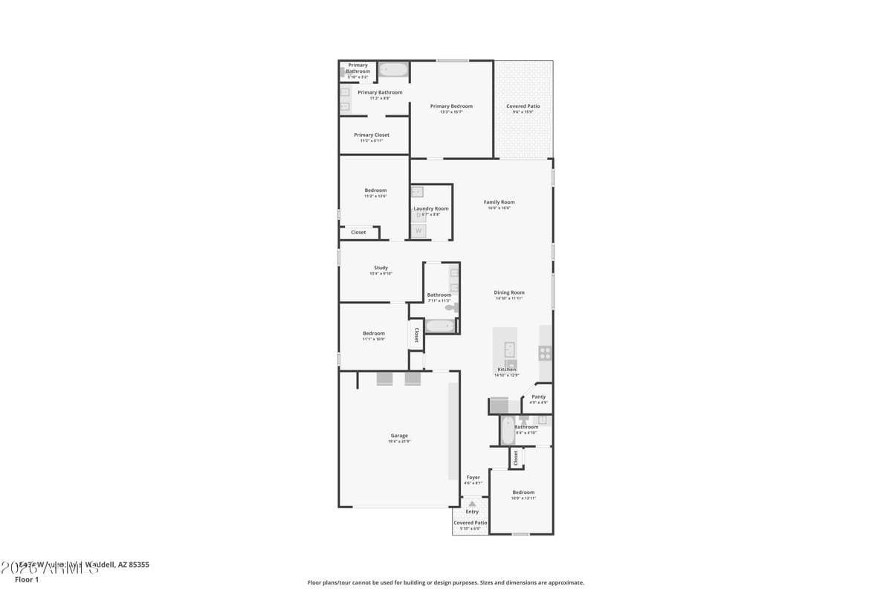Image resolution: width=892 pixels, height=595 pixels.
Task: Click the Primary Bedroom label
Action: coord(451,106)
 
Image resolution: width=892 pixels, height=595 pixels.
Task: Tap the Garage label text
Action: coord(399,436)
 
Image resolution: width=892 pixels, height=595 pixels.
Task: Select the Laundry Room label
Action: coord(431,209)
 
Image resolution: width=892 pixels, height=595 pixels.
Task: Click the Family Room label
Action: coord(499,202)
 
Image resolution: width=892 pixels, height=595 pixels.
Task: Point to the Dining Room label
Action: coord(509,293)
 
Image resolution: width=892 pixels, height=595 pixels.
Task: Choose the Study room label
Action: coord(381,268)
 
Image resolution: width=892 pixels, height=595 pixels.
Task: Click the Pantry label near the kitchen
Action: coord(539,397)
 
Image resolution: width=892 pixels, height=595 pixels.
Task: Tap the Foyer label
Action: coord(473,477)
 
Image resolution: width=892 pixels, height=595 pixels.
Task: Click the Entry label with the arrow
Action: coord(472,512)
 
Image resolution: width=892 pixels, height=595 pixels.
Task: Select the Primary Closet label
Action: coord(371,135)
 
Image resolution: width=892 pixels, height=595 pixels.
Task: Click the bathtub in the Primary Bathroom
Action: coord(393,70)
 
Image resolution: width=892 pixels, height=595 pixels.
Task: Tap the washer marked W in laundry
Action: coord(418,231)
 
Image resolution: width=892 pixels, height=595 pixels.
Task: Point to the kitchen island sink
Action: coord(510,348)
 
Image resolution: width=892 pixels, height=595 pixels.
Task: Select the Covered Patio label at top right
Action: coord(523,106)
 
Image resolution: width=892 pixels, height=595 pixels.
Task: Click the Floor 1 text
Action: coord(26,579)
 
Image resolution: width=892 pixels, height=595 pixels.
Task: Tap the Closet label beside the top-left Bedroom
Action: coord(358,232)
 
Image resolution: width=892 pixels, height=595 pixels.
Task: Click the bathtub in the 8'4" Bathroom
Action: coord(508,431)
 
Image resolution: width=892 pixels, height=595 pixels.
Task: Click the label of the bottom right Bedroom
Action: coord(523,492)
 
